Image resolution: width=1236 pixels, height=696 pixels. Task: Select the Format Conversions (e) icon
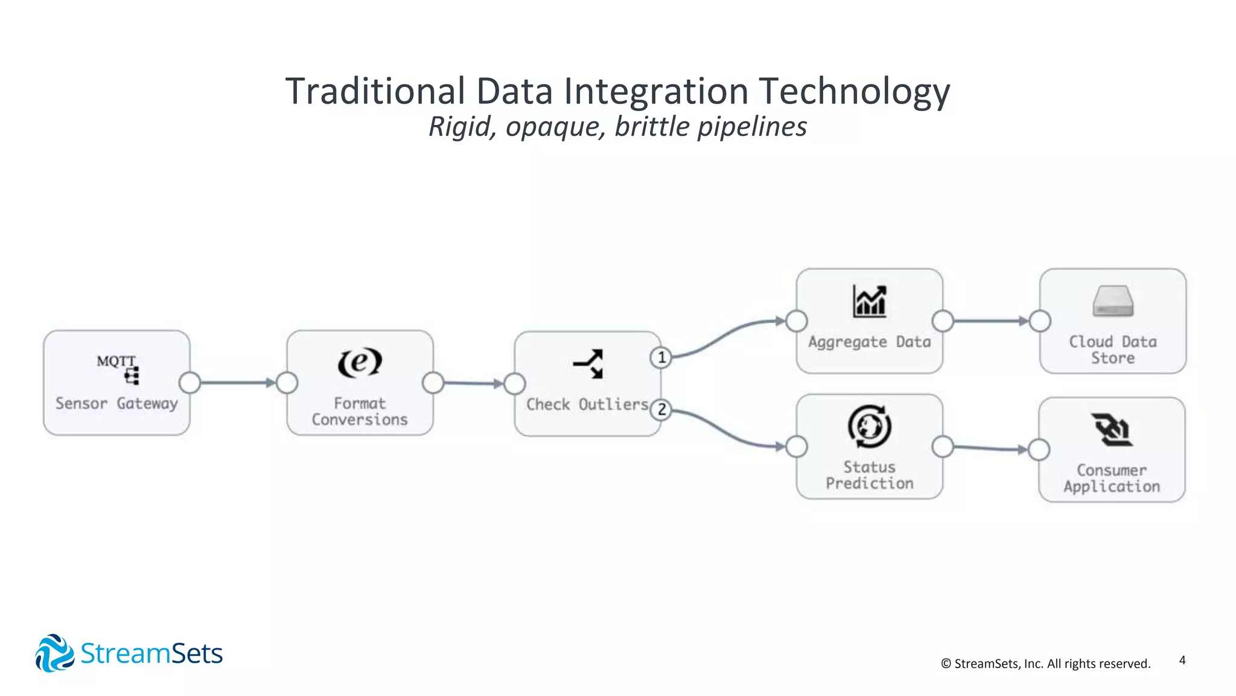click(360, 362)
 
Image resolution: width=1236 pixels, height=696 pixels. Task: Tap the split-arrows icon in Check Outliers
click(588, 364)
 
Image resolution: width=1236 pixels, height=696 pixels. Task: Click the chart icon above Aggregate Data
click(870, 301)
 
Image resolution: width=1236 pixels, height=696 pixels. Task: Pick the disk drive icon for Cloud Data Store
click(1113, 301)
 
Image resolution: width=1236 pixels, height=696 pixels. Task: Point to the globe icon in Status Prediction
click(870, 427)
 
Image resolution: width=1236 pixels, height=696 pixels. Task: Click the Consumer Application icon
click(1112, 430)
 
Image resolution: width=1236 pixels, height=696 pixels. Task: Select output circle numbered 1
click(661, 358)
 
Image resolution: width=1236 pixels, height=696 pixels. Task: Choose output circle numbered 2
click(661, 410)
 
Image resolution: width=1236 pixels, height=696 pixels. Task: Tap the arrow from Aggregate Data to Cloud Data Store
click(990, 321)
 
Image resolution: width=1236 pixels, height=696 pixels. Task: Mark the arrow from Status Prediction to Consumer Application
click(990, 448)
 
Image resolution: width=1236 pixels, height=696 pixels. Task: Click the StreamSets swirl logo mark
click(54, 653)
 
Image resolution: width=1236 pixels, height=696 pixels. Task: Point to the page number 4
click(1182, 660)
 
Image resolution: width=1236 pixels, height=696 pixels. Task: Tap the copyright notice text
click(1045, 663)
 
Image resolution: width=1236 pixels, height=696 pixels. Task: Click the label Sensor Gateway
click(116, 403)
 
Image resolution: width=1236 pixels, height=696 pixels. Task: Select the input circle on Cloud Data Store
click(1040, 321)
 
